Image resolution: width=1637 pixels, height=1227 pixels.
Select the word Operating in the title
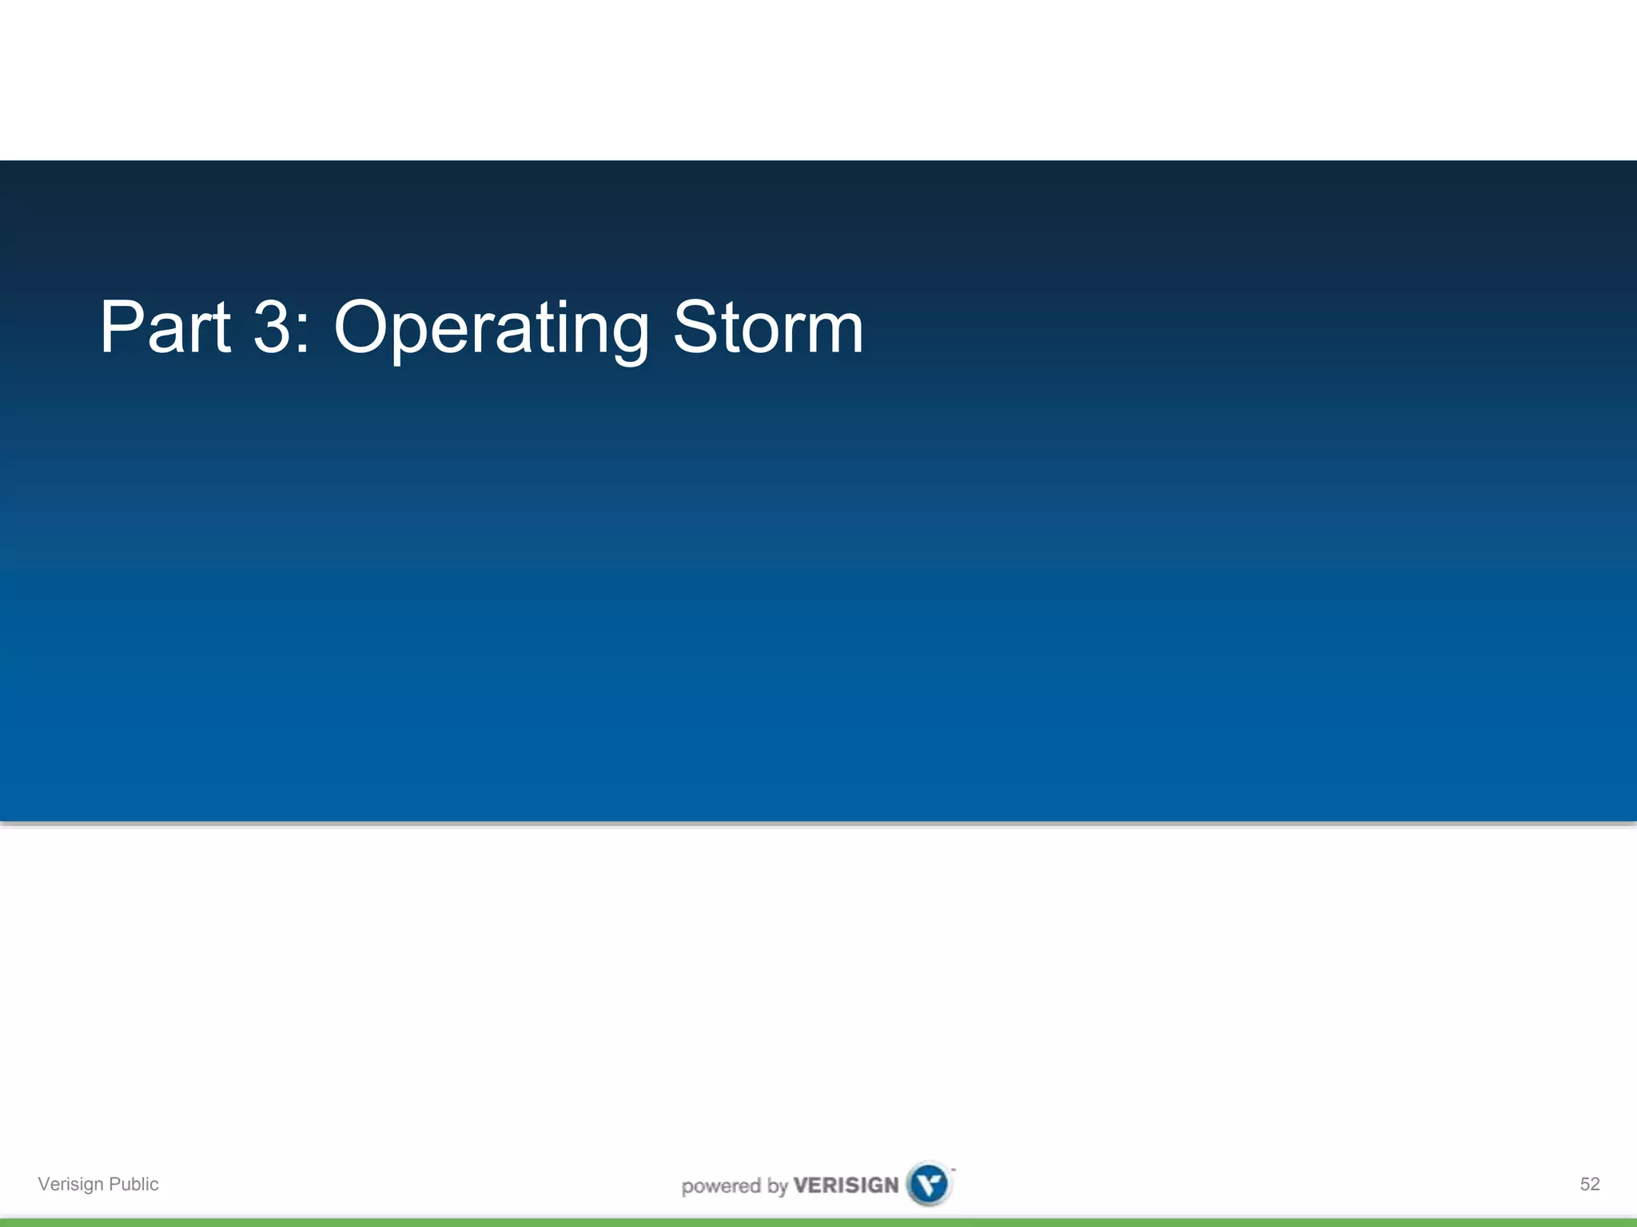coord(491,329)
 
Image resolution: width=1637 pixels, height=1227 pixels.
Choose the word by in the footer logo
coord(777,1187)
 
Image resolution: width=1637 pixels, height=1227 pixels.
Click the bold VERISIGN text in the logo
coord(846,1185)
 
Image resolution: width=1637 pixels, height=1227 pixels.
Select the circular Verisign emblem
coord(930,1184)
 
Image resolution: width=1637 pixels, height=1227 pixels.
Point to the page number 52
coord(1590,1184)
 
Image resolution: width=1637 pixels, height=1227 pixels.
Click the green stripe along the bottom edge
coord(818,1222)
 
